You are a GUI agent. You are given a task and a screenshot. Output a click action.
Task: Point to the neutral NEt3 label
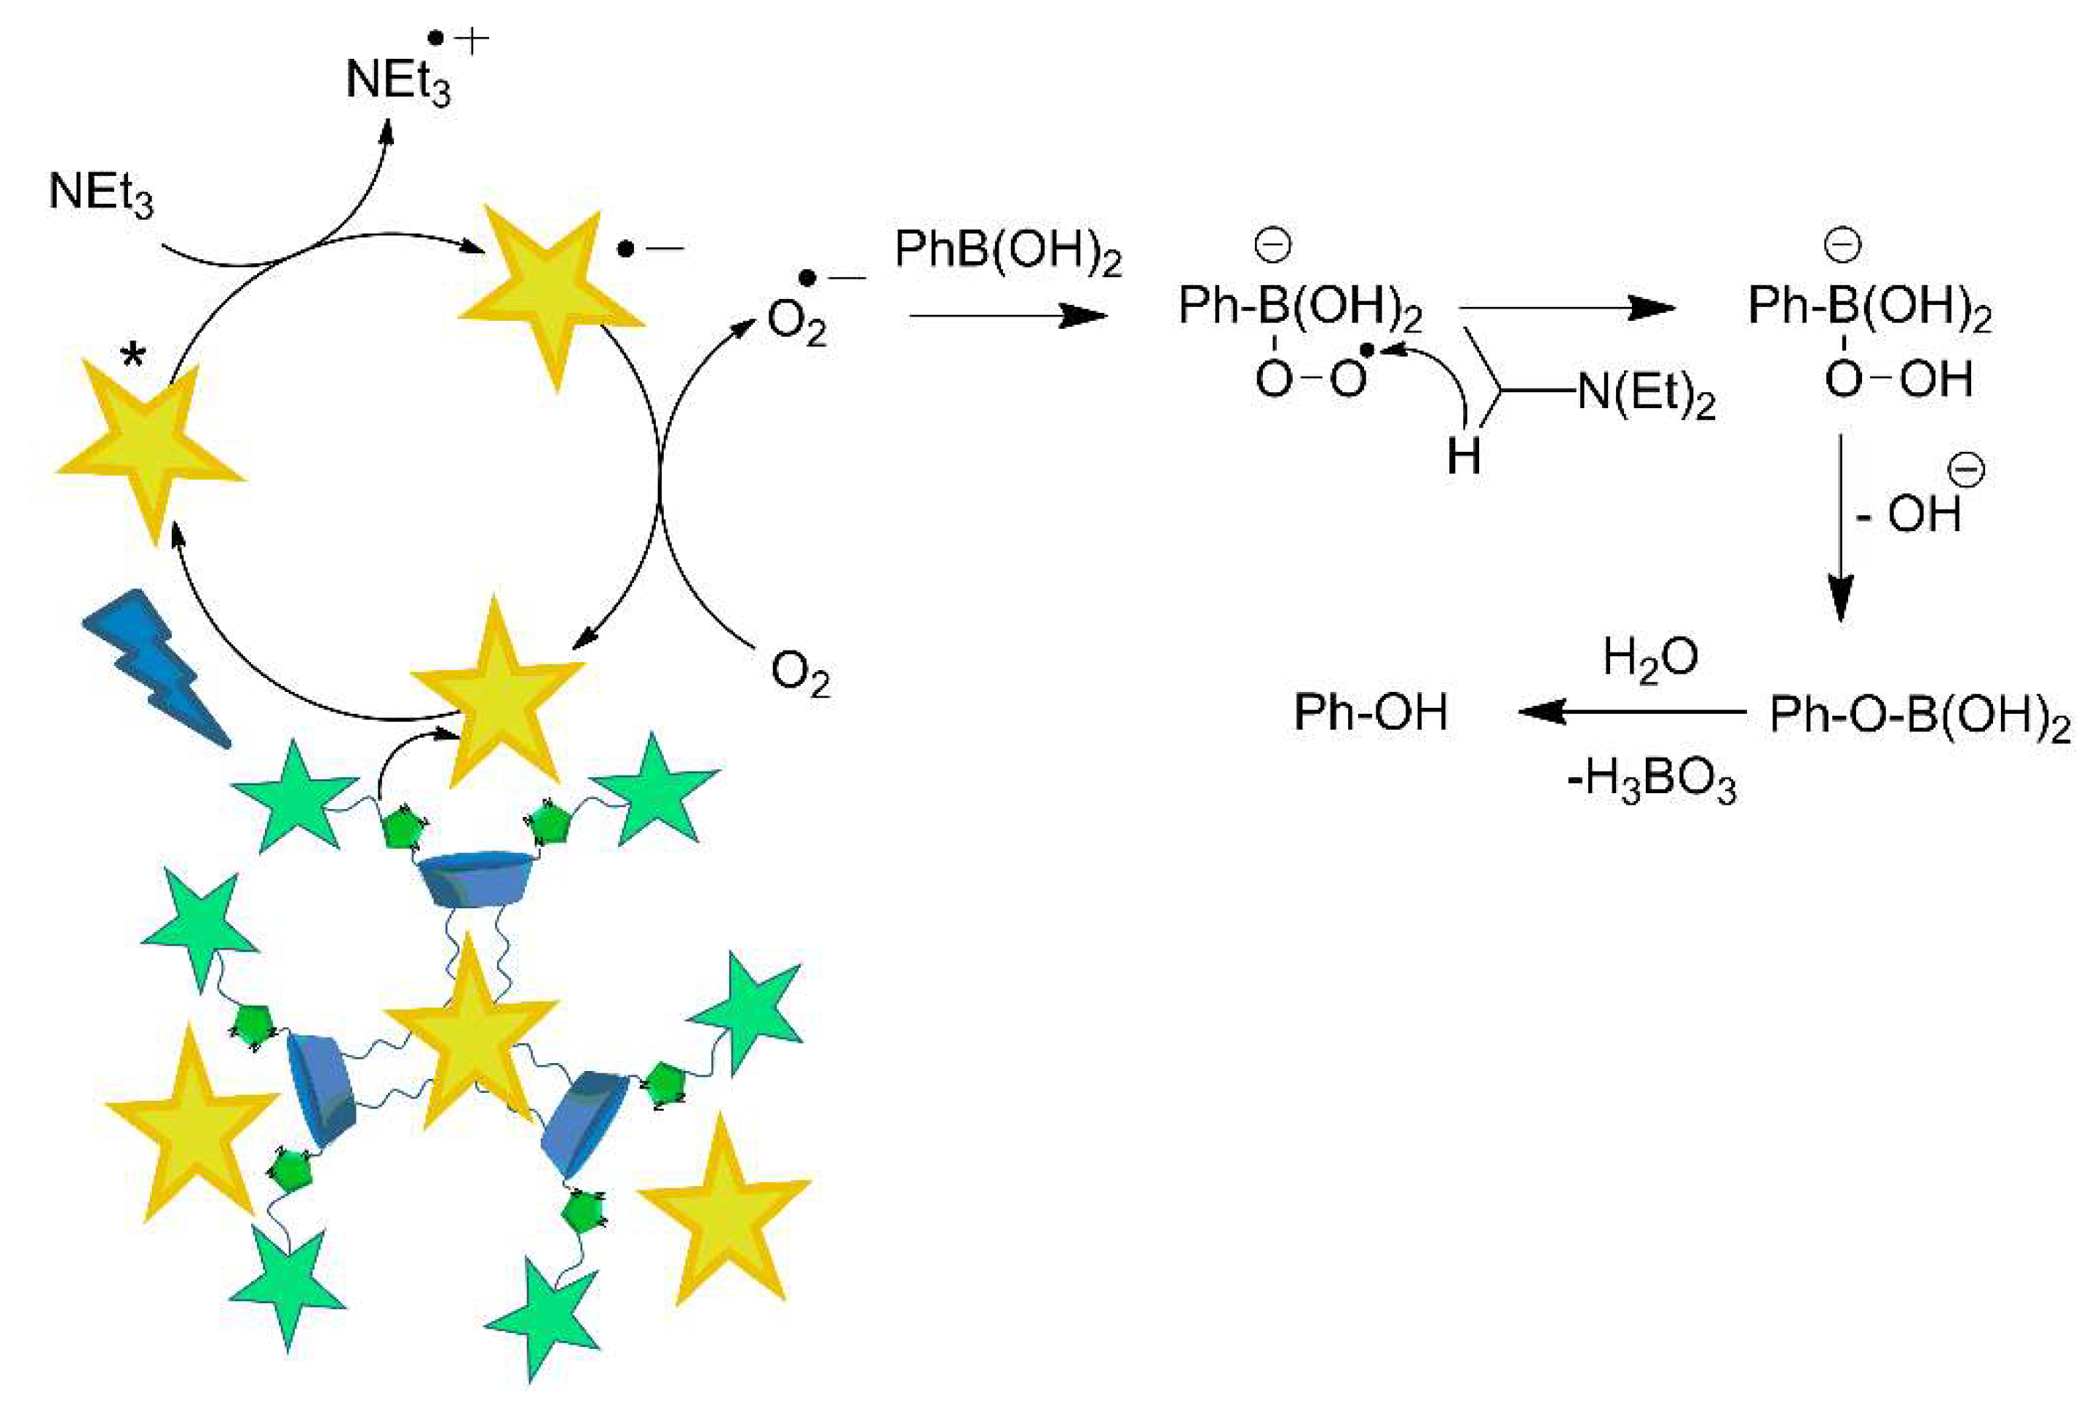100,192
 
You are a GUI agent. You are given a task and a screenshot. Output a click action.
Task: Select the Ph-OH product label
1370,713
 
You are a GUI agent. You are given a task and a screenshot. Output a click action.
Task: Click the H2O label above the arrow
1650,659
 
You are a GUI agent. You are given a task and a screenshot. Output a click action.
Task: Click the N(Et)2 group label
1646,394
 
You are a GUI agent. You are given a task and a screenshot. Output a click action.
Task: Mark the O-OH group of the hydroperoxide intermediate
1898,379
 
